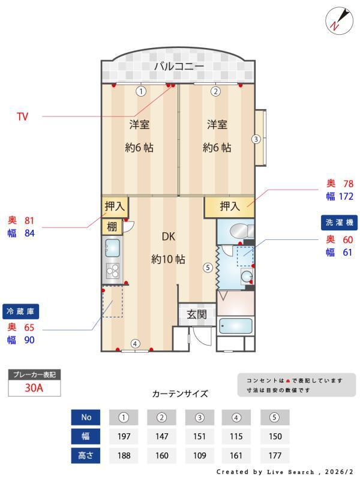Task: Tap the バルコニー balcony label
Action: point(179,67)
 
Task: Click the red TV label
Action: point(22,117)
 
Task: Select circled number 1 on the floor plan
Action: point(140,92)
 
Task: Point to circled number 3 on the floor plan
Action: point(256,139)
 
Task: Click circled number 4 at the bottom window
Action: point(136,344)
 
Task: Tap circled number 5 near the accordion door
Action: point(207,268)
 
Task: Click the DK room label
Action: point(168,236)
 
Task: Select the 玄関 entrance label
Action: point(196,314)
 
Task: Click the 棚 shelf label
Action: point(112,227)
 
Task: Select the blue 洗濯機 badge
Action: point(339,222)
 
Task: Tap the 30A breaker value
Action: point(34,388)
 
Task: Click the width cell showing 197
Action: point(123,436)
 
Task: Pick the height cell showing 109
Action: point(200,455)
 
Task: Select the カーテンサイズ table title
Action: point(180,394)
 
